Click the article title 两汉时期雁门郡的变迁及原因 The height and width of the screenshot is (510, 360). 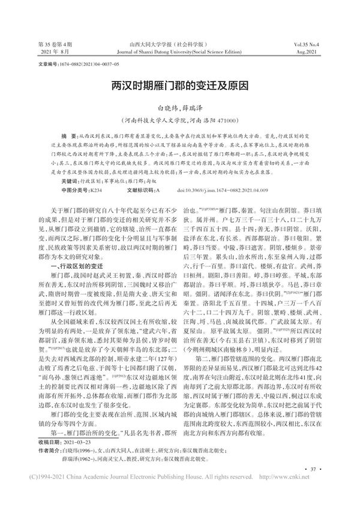(180, 86)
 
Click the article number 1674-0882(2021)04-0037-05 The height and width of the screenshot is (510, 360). (88, 62)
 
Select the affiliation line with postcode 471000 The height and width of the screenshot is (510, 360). (179, 119)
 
